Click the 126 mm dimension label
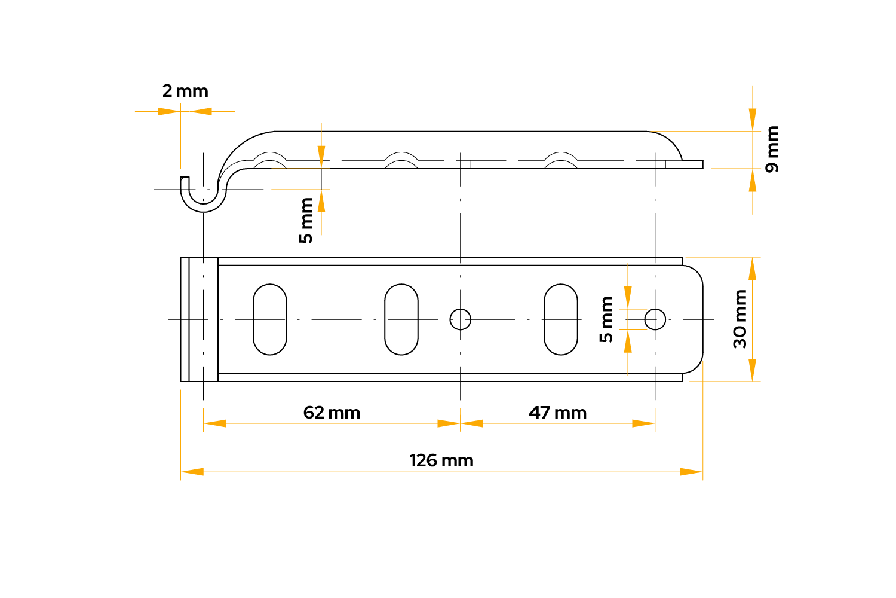pyautogui.click(x=441, y=460)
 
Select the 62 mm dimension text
pyautogui.click(x=332, y=413)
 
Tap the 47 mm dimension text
pyautogui.click(x=557, y=413)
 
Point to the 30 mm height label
pyautogui.click(x=740, y=319)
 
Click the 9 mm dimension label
pyautogui.click(x=772, y=149)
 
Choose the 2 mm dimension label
pyautogui.click(x=185, y=91)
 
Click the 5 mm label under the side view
pyautogui.click(x=306, y=220)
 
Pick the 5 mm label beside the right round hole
pyautogui.click(x=606, y=319)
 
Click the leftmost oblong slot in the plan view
pyautogui.click(x=270, y=319)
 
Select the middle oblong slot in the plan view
pyautogui.click(x=401, y=319)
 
